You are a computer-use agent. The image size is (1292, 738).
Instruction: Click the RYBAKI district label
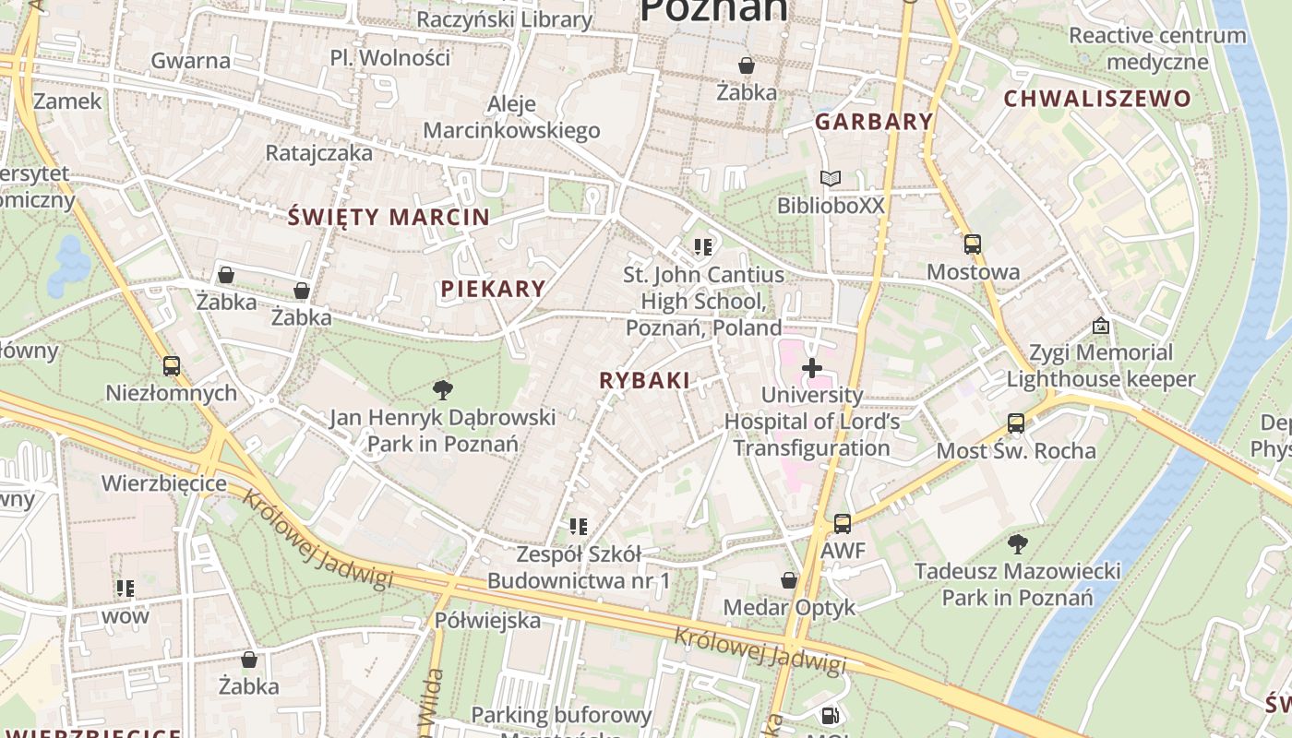[644, 380]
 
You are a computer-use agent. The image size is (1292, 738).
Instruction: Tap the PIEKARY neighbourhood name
[493, 289]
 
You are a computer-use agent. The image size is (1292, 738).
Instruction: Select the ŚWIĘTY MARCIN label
[389, 218]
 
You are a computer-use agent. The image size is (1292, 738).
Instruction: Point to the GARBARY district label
[874, 122]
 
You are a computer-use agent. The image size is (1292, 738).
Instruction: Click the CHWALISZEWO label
[1097, 99]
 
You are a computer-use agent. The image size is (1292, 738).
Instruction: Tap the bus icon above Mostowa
[973, 244]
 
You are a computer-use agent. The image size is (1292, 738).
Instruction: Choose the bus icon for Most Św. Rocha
[1016, 423]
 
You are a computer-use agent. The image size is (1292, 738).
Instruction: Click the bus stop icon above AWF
[843, 524]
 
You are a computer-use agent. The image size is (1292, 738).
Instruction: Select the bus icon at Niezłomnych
[172, 365]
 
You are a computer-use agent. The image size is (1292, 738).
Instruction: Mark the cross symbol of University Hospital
[812, 368]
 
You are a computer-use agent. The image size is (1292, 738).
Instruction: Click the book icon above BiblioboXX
[831, 178]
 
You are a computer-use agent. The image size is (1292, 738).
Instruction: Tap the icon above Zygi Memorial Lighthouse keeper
[1100, 326]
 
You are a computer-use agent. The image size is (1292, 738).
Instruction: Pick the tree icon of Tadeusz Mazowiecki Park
[1018, 543]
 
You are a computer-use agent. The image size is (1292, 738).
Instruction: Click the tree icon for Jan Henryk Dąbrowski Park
[443, 389]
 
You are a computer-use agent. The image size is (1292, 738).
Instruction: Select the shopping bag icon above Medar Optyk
[789, 580]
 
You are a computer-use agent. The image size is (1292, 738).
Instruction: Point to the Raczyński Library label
[504, 19]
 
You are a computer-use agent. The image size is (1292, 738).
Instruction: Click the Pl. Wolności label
[390, 58]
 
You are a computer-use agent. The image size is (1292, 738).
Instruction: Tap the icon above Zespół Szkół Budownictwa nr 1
[579, 527]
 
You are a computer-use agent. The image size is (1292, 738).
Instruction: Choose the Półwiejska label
[487, 620]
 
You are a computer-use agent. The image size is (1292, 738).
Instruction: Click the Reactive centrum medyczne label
[1157, 49]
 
